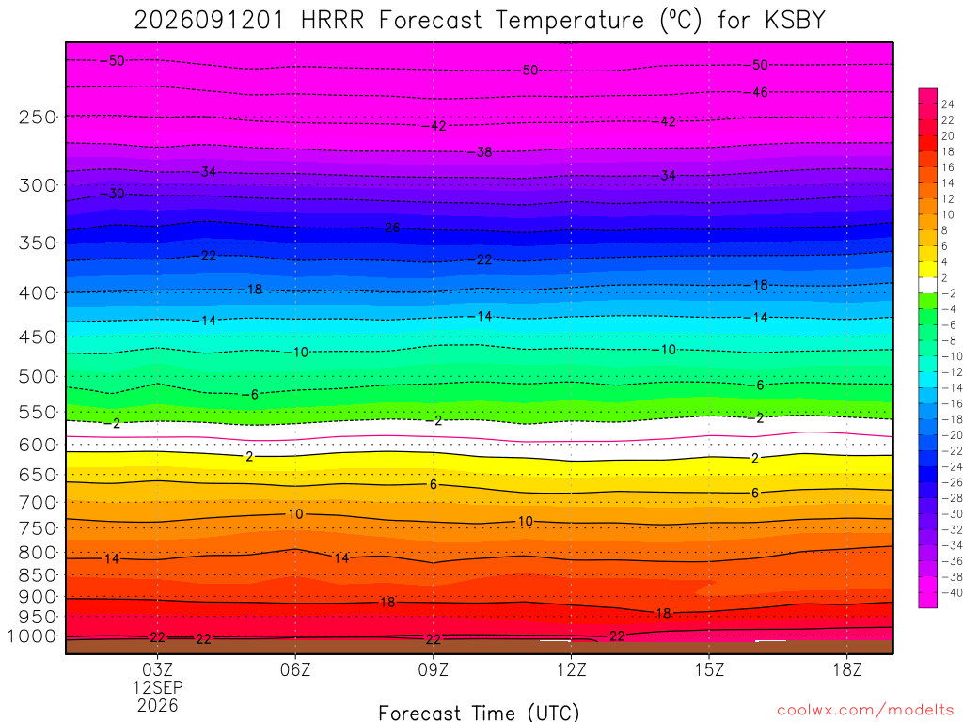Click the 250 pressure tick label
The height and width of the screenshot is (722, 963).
coord(38,117)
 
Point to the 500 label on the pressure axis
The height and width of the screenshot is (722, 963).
coord(38,376)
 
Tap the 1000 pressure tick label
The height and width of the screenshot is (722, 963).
coord(32,636)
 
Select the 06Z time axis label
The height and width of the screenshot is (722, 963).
coord(295,669)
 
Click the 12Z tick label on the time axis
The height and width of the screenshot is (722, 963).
coord(571,669)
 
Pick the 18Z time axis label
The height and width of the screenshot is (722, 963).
coord(847,669)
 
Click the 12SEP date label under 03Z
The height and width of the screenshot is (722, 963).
coord(158,687)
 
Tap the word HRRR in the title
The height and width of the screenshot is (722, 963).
coord(332,21)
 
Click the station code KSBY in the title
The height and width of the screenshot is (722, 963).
coord(795,21)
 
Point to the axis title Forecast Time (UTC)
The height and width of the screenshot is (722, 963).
coord(479,713)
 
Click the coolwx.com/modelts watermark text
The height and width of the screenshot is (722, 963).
coord(865,711)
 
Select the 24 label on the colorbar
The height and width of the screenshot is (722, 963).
coord(948,104)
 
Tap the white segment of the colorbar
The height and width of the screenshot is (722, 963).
coord(927,285)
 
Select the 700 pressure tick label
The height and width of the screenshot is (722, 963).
coord(38,502)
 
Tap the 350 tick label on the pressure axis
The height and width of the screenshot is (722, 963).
coord(38,243)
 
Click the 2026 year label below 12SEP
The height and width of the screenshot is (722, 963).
coord(158,705)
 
